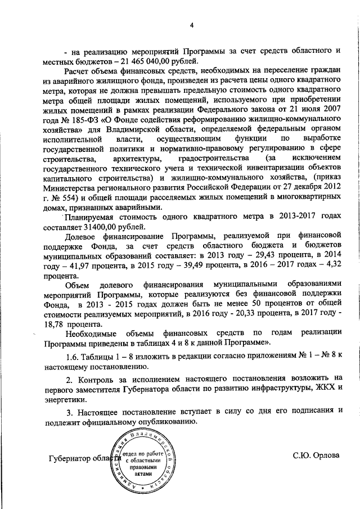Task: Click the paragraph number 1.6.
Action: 72,358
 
